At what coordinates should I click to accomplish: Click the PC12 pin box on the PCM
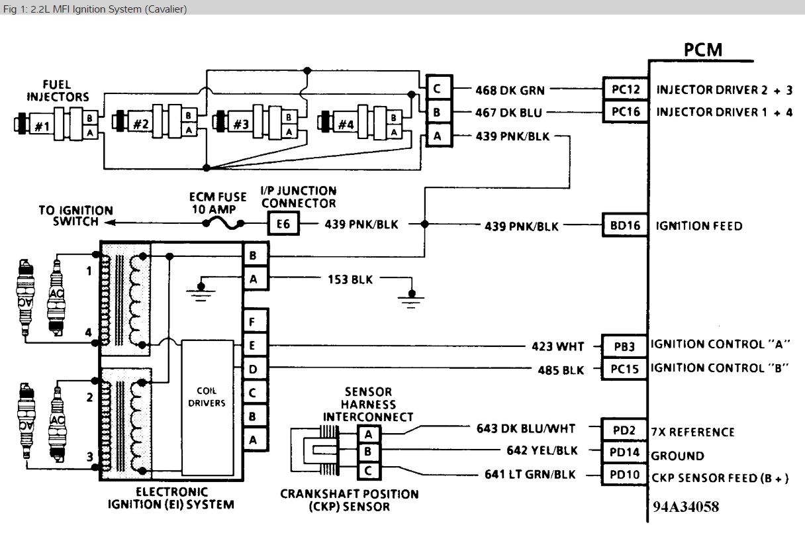point(626,89)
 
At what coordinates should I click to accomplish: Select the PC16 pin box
point(626,112)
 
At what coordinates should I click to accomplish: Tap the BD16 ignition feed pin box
point(626,225)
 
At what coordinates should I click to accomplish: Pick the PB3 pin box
point(624,346)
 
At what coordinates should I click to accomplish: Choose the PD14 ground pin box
point(624,452)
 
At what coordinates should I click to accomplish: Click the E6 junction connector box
point(283,224)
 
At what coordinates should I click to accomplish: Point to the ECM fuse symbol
point(224,224)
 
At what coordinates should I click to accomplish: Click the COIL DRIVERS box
point(207,407)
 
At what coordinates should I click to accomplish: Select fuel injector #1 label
point(42,126)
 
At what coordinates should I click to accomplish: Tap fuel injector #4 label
point(346,124)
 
